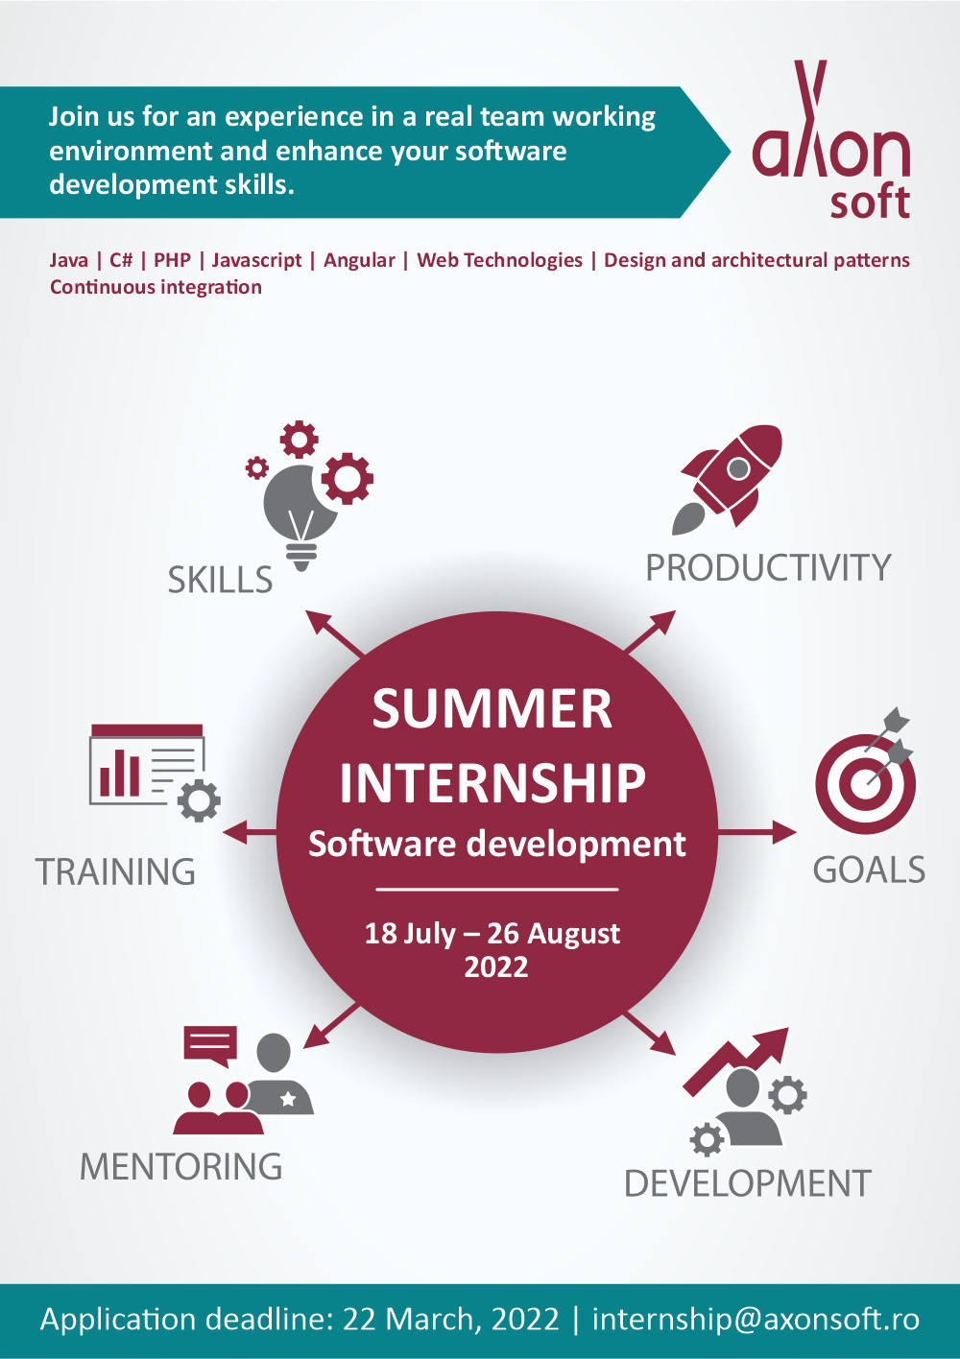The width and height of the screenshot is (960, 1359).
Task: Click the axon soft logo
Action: (830, 139)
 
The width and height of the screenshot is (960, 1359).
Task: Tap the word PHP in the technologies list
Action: (173, 260)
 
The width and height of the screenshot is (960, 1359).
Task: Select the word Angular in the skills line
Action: (359, 261)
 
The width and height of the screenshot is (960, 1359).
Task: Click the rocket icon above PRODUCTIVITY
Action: (727, 479)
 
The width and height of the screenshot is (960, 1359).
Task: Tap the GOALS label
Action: (869, 870)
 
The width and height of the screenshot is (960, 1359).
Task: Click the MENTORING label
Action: (180, 1166)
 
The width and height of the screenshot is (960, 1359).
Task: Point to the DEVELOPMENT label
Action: (748, 1183)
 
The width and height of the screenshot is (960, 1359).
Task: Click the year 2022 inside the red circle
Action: (496, 967)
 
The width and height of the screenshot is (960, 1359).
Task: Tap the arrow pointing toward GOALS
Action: (756, 832)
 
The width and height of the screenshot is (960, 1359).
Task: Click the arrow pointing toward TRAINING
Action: (250, 832)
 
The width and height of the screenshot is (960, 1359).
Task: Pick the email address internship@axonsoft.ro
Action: (756, 1319)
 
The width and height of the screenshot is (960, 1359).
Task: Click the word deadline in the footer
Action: (270, 1319)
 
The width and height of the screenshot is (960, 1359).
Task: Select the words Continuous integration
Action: (156, 287)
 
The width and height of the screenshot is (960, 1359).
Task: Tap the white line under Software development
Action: (497, 890)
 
